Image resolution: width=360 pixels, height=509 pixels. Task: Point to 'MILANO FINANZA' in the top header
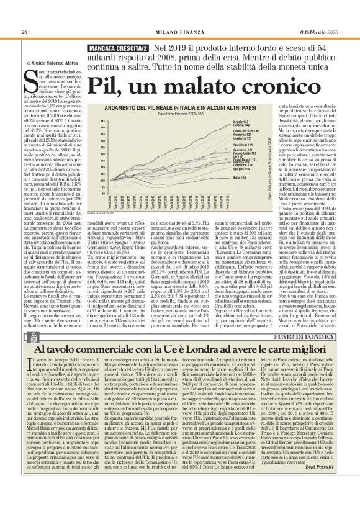point(179,32)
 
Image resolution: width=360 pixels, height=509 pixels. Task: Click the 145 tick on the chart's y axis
point(80,121)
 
